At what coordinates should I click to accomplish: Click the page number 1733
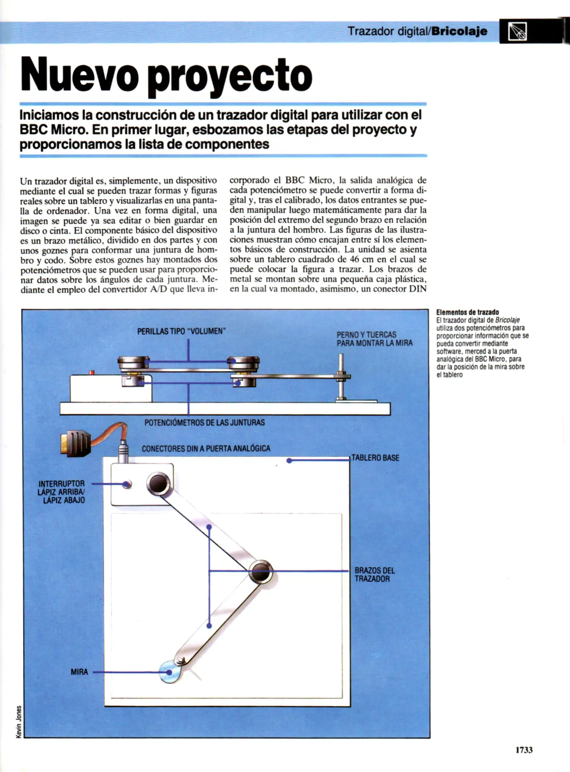coord(524,749)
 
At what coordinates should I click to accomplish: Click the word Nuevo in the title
coord(79,74)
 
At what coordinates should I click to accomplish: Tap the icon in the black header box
coord(517,31)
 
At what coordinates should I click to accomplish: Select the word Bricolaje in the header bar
coord(459,31)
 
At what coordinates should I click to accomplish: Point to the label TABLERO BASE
coord(375,458)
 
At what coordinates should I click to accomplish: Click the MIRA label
coord(79,672)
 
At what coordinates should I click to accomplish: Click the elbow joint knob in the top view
coord(261,571)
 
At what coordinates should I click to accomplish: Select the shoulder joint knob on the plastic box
coord(158,483)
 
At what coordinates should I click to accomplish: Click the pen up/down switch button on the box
coord(127,484)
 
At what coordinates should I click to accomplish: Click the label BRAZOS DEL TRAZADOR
coord(375,574)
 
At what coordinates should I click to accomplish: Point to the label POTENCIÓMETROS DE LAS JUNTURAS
coord(204,422)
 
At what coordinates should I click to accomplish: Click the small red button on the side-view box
coord(91,372)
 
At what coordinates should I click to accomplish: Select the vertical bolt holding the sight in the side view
coord(341,377)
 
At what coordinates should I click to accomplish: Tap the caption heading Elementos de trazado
coord(467,312)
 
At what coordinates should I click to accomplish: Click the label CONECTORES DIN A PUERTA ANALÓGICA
coord(206,449)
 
